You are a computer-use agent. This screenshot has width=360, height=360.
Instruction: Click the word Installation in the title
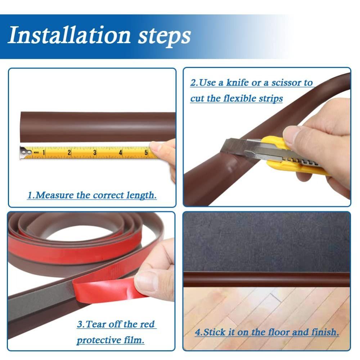[69, 35]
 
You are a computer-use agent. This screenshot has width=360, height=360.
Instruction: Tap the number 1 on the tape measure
[44, 153]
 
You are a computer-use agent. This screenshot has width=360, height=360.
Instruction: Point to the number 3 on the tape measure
[95, 153]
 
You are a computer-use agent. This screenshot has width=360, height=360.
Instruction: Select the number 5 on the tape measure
[146, 153]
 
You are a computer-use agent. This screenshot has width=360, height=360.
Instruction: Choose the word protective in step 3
[110, 340]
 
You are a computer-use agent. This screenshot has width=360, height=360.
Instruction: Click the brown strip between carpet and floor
[266, 279]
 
